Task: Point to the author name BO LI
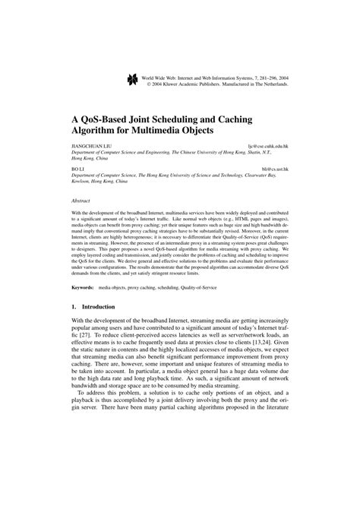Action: coord(77,166)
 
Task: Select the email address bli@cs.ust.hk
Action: coord(275,166)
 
